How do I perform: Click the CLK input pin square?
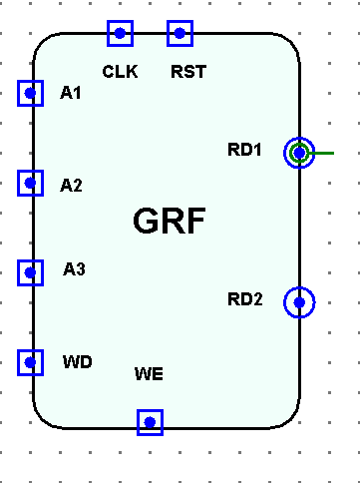click(120, 33)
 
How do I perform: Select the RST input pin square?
click(180, 33)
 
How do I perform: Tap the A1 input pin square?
click(30, 93)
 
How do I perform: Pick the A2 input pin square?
click(30, 183)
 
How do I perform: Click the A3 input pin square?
click(30, 271)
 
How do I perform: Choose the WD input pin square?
click(30, 362)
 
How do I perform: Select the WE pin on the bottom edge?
click(150, 422)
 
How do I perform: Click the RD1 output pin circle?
click(299, 153)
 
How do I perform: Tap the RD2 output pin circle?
click(299, 301)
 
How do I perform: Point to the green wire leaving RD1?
click(324, 153)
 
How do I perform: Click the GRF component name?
click(169, 222)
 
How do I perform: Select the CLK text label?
click(120, 71)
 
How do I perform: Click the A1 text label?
click(71, 93)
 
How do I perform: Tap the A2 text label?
click(71, 185)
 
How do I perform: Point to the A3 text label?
click(74, 268)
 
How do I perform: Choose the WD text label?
click(77, 361)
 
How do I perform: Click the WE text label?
click(148, 374)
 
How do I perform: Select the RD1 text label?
click(244, 150)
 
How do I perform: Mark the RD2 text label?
click(244, 298)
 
